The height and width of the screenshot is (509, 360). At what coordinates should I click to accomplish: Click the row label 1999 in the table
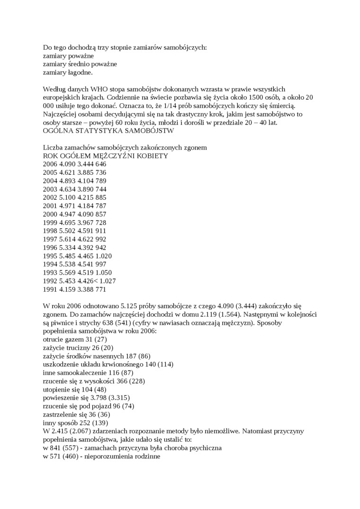click(x=50, y=223)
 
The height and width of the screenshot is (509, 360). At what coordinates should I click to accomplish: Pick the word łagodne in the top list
click(x=80, y=72)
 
